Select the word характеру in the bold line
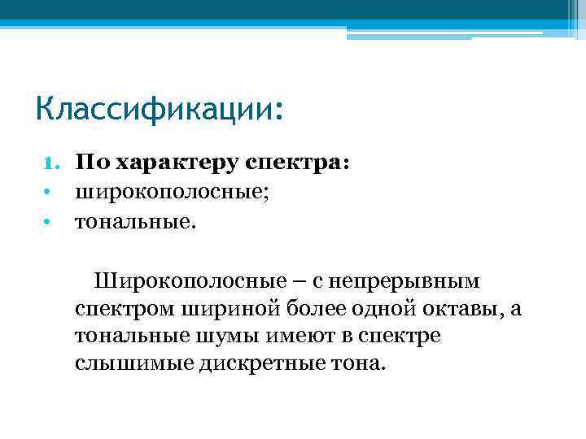pos(170,164)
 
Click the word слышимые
pos(129,363)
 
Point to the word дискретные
pos(255,363)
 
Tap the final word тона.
pos(354,363)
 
